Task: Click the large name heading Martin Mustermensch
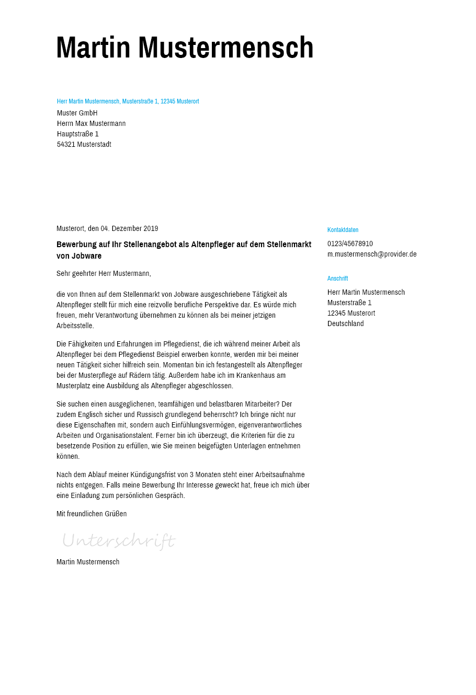[x=185, y=48]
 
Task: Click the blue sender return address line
[x=128, y=101]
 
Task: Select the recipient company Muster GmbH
[x=77, y=113]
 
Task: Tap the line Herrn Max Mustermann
[x=91, y=123]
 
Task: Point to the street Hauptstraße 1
[x=78, y=134]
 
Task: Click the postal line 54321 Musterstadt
[x=84, y=144]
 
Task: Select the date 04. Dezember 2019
[x=129, y=228]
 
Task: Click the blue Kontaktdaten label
[x=343, y=230]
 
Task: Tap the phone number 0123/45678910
[x=350, y=244]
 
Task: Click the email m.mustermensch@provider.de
[x=372, y=254]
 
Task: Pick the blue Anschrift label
[x=337, y=279]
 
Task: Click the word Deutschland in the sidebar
[x=345, y=323]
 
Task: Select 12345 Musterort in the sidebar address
[x=351, y=313]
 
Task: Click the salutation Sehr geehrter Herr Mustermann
[x=104, y=273]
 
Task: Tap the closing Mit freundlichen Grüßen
[x=92, y=514]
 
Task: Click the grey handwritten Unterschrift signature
[x=119, y=540]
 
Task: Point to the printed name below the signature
[x=88, y=562]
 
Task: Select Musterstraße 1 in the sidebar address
[x=349, y=303]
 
